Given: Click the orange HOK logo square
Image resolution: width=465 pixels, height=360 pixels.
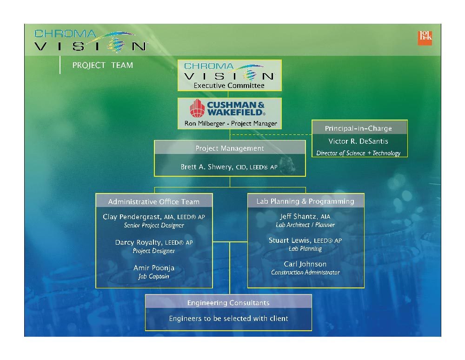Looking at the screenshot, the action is pyautogui.click(x=425, y=38).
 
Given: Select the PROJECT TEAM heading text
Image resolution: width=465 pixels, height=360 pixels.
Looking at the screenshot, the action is pyautogui.click(x=103, y=65).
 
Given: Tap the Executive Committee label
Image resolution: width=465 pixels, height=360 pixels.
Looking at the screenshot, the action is pyautogui.click(x=229, y=86).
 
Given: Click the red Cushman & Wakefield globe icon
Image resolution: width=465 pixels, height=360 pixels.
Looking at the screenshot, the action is pyautogui.click(x=197, y=108).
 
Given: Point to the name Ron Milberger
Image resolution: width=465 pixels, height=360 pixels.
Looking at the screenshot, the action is pyautogui.click(x=205, y=123).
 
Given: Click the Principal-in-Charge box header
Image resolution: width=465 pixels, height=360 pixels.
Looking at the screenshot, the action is pyautogui.click(x=358, y=128).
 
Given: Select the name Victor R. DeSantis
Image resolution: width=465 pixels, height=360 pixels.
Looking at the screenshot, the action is pyautogui.click(x=358, y=141).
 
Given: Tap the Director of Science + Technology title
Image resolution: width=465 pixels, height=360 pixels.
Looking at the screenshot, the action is pyautogui.click(x=358, y=153).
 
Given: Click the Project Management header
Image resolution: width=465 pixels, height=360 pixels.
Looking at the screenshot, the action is pyautogui.click(x=230, y=148).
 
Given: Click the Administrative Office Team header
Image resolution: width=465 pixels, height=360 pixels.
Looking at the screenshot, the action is pyautogui.click(x=153, y=202).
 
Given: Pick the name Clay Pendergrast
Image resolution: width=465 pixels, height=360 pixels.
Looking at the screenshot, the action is pyautogui.click(x=132, y=217).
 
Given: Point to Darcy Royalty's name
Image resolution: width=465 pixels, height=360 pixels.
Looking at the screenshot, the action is pyautogui.click(x=139, y=242).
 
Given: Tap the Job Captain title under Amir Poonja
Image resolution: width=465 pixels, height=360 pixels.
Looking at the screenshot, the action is pyautogui.click(x=153, y=276).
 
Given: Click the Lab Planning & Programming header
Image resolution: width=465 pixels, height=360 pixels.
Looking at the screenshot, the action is pyautogui.click(x=305, y=201).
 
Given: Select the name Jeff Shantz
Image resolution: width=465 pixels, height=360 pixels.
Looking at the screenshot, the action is pyautogui.click(x=299, y=216).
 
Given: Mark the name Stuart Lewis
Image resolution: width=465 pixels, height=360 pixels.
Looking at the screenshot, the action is pyautogui.click(x=289, y=240).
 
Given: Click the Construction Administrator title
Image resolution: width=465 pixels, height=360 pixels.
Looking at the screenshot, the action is pyautogui.click(x=305, y=272).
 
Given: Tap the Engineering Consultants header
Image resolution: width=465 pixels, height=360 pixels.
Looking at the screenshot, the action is pyautogui.click(x=228, y=303).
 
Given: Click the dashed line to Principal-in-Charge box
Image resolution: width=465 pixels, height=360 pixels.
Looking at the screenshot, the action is pyautogui.click(x=271, y=134).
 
